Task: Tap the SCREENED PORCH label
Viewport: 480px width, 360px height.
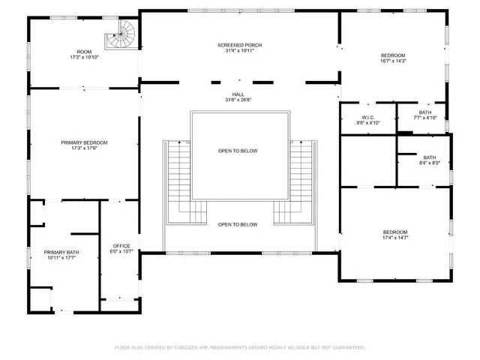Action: (239, 45)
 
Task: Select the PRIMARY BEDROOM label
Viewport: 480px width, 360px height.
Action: (84, 142)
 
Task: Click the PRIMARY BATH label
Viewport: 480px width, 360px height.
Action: (61, 252)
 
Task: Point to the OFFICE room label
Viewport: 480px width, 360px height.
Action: (121, 246)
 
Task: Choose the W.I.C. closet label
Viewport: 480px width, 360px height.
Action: (367, 117)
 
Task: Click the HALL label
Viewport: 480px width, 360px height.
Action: (238, 94)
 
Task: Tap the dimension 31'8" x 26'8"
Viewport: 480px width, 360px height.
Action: (238, 100)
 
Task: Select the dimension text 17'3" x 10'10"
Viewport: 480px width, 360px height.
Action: (84, 58)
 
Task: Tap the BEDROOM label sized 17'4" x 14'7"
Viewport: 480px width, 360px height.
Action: (394, 232)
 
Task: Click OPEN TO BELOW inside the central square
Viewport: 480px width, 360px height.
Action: (238, 151)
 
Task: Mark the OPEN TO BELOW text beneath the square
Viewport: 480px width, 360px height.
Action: (238, 224)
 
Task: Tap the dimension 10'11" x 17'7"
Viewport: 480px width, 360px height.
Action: (61, 257)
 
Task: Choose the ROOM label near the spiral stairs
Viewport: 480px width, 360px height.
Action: (84, 52)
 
